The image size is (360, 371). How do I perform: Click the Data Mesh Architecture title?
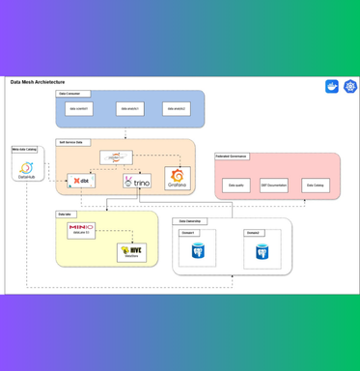38,82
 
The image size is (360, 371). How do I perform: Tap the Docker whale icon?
332,87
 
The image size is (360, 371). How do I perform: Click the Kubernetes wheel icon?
349,87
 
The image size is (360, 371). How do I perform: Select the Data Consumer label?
74,94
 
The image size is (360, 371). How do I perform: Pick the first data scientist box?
78,109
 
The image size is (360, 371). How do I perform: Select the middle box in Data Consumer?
129,109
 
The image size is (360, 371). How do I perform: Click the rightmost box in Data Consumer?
176,109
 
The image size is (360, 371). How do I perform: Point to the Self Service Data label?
72,142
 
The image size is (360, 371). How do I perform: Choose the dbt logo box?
81,181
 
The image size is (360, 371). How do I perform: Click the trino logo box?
137,181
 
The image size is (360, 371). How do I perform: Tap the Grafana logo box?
177,179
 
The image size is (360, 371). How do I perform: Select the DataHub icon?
27,170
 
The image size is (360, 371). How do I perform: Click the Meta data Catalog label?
25,150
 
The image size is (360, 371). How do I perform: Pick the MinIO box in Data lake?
81,230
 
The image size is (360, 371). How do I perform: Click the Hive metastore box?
131,252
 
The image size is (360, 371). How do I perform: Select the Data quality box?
235,185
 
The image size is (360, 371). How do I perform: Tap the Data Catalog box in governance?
315,185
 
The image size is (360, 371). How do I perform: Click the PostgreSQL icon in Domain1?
198,251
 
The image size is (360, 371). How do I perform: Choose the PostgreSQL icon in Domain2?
262,251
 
